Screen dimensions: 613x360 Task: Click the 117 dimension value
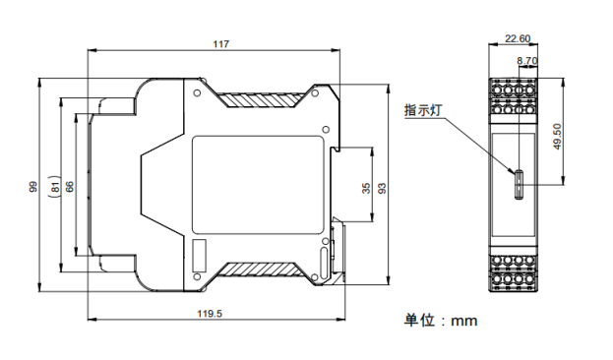(220, 44)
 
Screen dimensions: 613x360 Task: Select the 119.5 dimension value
(210, 314)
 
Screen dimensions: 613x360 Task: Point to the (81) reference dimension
(55, 187)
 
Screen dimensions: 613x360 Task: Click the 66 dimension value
(70, 187)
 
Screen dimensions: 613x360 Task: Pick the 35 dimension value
(366, 189)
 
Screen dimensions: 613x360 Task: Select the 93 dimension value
(383, 189)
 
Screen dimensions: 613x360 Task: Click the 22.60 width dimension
(518, 38)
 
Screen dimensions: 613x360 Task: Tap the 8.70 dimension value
(527, 61)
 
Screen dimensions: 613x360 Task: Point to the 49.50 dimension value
(558, 137)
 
